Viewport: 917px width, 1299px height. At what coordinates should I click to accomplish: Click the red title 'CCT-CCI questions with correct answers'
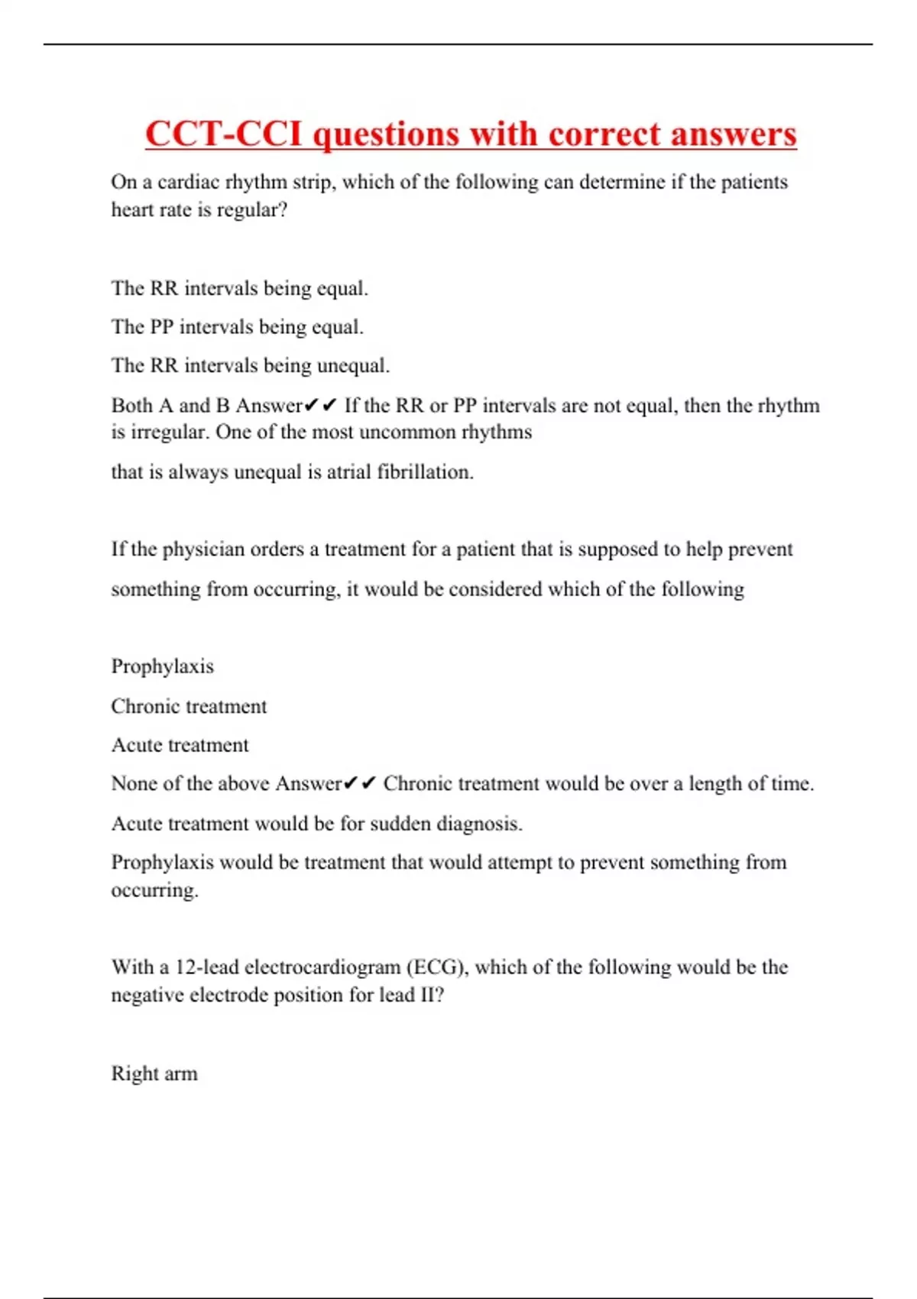tap(471, 134)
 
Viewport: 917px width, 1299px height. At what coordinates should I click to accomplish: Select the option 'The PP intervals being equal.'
tap(237, 327)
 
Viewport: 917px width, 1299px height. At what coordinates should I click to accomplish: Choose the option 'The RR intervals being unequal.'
tap(250, 365)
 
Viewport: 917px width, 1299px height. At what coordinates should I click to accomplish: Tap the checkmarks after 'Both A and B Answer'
tap(321, 405)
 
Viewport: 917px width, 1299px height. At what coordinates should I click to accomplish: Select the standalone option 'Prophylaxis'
tap(162, 666)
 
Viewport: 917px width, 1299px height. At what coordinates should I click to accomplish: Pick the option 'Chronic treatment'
tap(189, 706)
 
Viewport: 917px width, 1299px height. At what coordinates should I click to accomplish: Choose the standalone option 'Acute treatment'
tap(180, 745)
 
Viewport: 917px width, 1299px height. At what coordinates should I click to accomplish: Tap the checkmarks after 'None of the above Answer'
tap(360, 784)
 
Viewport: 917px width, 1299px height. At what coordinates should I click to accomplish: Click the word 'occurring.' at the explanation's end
tap(154, 891)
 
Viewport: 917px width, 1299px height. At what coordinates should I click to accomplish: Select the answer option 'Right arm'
tap(154, 1074)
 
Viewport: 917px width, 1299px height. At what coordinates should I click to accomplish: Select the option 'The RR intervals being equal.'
tap(239, 288)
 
